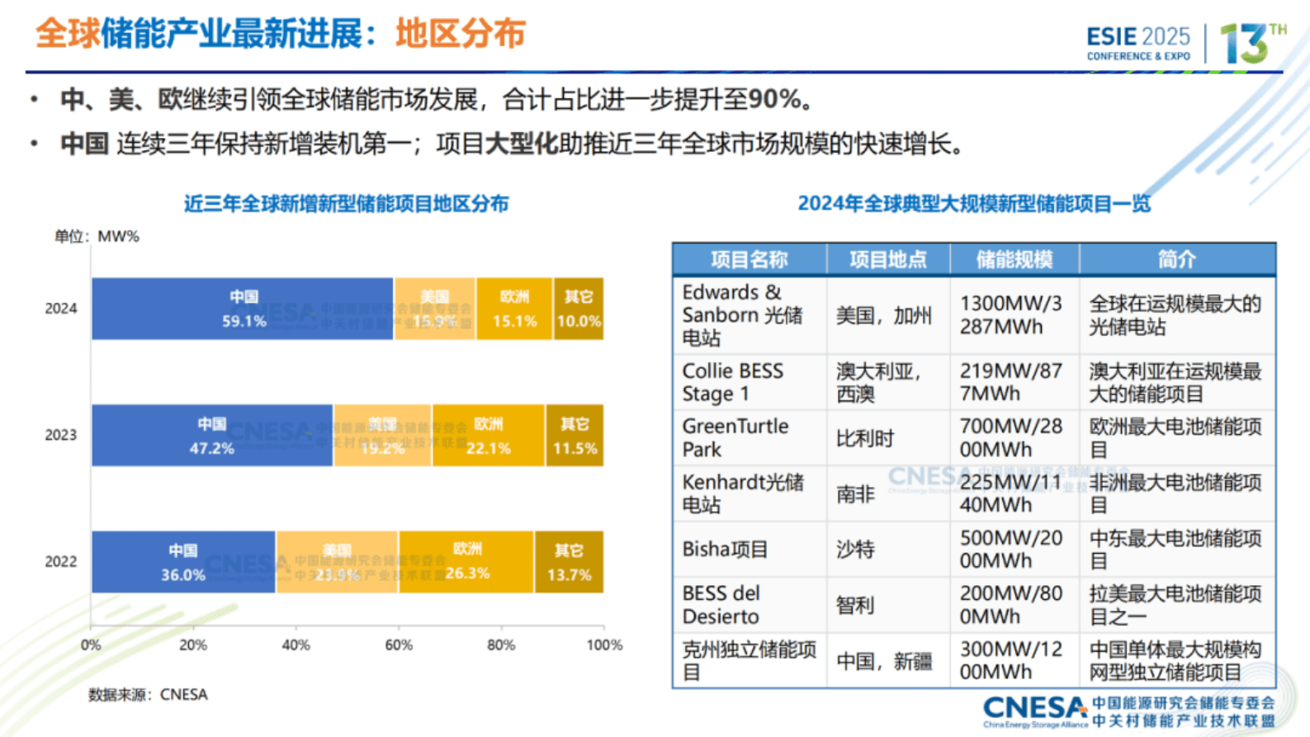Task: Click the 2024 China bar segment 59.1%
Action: point(243,309)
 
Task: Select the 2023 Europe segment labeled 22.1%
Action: point(488,436)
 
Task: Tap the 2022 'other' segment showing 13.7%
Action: point(568,562)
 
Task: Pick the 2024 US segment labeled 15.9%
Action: point(434,309)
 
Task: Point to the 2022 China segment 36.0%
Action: point(183,562)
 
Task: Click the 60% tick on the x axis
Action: point(399,645)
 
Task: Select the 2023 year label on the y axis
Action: point(60,435)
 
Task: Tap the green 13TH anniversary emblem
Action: point(1251,43)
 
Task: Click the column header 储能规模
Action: point(1014,260)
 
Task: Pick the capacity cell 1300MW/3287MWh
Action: point(1011,315)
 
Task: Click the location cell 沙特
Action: point(855,550)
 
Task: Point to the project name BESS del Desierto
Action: point(721,605)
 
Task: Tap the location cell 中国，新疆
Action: point(884,661)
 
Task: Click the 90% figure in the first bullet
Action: point(774,100)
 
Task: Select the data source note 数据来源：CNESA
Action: point(148,695)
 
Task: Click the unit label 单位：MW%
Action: point(97,237)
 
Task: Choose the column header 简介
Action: point(1176,260)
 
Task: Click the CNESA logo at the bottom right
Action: point(1128,711)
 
